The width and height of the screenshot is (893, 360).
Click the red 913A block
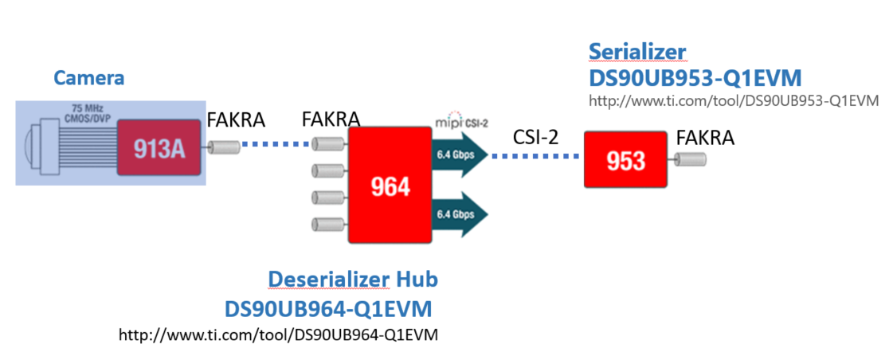click(158, 148)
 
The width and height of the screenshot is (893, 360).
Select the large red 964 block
click(390, 186)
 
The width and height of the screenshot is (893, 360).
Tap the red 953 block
click(625, 160)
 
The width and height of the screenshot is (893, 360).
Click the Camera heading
click(89, 78)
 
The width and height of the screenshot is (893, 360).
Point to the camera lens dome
click(30, 148)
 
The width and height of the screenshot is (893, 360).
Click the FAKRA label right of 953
click(704, 138)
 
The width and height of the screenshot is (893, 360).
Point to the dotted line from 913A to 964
click(274, 144)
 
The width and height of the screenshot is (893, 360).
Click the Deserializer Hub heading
click(353, 280)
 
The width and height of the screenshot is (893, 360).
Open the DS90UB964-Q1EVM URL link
click(278, 335)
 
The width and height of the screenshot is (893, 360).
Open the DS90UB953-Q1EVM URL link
click(733, 101)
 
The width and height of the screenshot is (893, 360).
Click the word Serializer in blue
click(636, 52)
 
